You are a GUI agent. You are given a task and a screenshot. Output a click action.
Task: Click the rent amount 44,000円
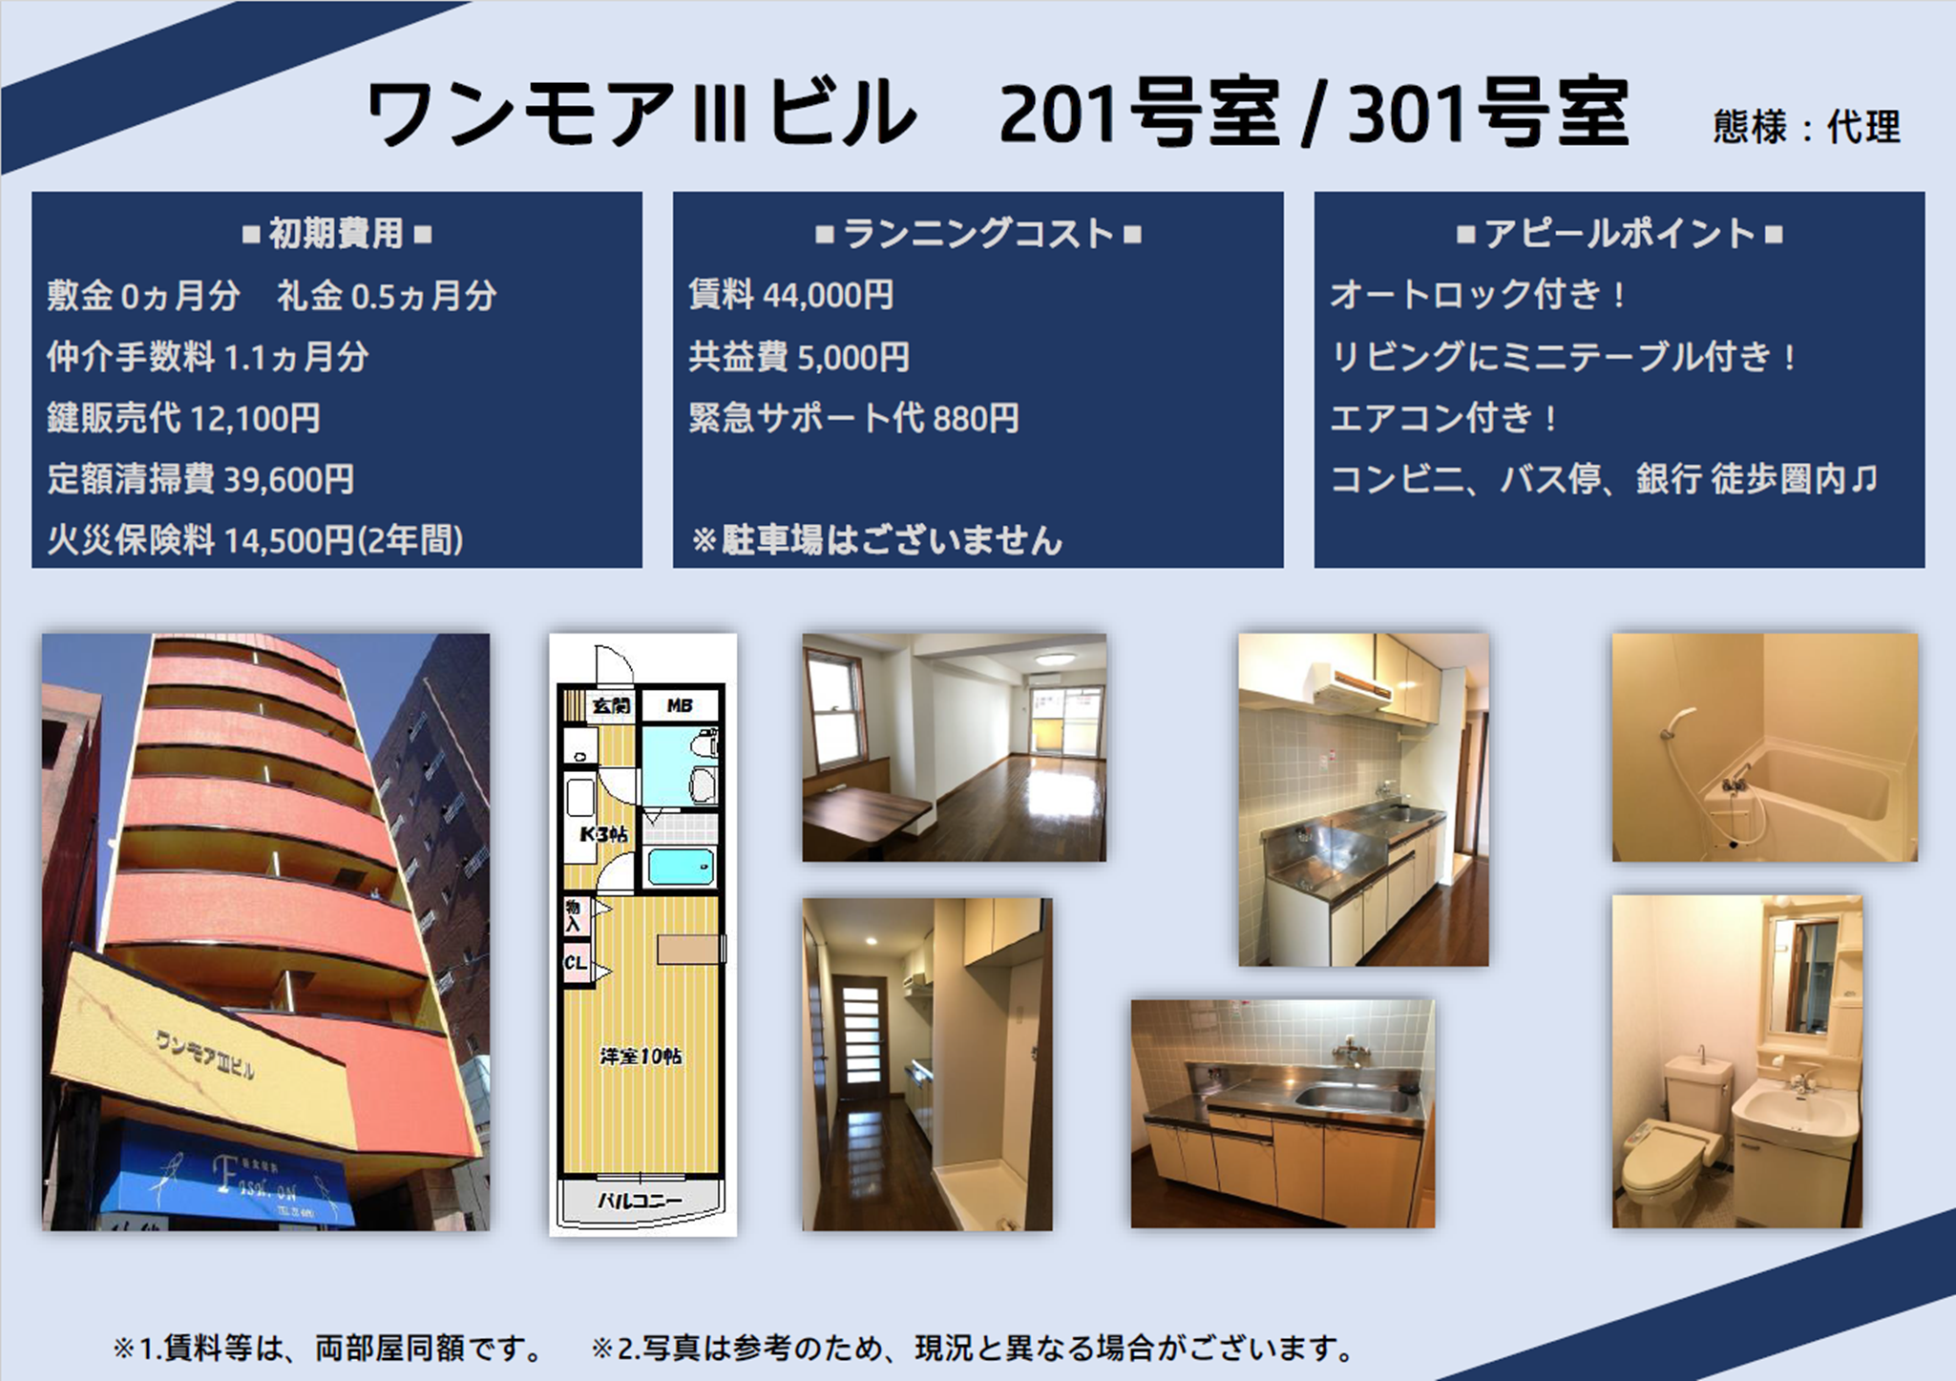click(x=828, y=296)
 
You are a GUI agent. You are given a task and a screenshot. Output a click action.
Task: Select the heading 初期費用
click(x=336, y=234)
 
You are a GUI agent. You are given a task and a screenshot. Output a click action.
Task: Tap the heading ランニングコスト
click(x=978, y=234)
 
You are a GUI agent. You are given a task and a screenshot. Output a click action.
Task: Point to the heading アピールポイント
click(x=1619, y=234)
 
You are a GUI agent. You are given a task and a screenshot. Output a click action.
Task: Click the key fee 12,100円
click(x=255, y=418)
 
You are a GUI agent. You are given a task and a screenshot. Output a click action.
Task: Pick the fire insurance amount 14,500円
click(x=289, y=541)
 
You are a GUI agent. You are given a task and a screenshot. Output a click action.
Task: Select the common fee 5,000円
click(x=852, y=357)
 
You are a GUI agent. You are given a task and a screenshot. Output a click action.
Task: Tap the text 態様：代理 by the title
click(x=1806, y=127)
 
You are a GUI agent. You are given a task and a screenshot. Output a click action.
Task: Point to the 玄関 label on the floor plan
click(x=610, y=706)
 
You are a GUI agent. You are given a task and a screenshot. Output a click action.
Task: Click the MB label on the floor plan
click(x=680, y=706)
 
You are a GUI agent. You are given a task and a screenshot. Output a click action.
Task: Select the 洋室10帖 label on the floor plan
click(x=641, y=1057)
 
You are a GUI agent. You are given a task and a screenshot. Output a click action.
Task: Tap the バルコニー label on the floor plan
click(x=640, y=1201)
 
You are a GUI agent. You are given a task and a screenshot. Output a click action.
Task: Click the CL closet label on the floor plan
click(x=575, y=963)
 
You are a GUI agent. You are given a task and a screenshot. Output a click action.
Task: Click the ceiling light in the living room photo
click(x=1053, y=658)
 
